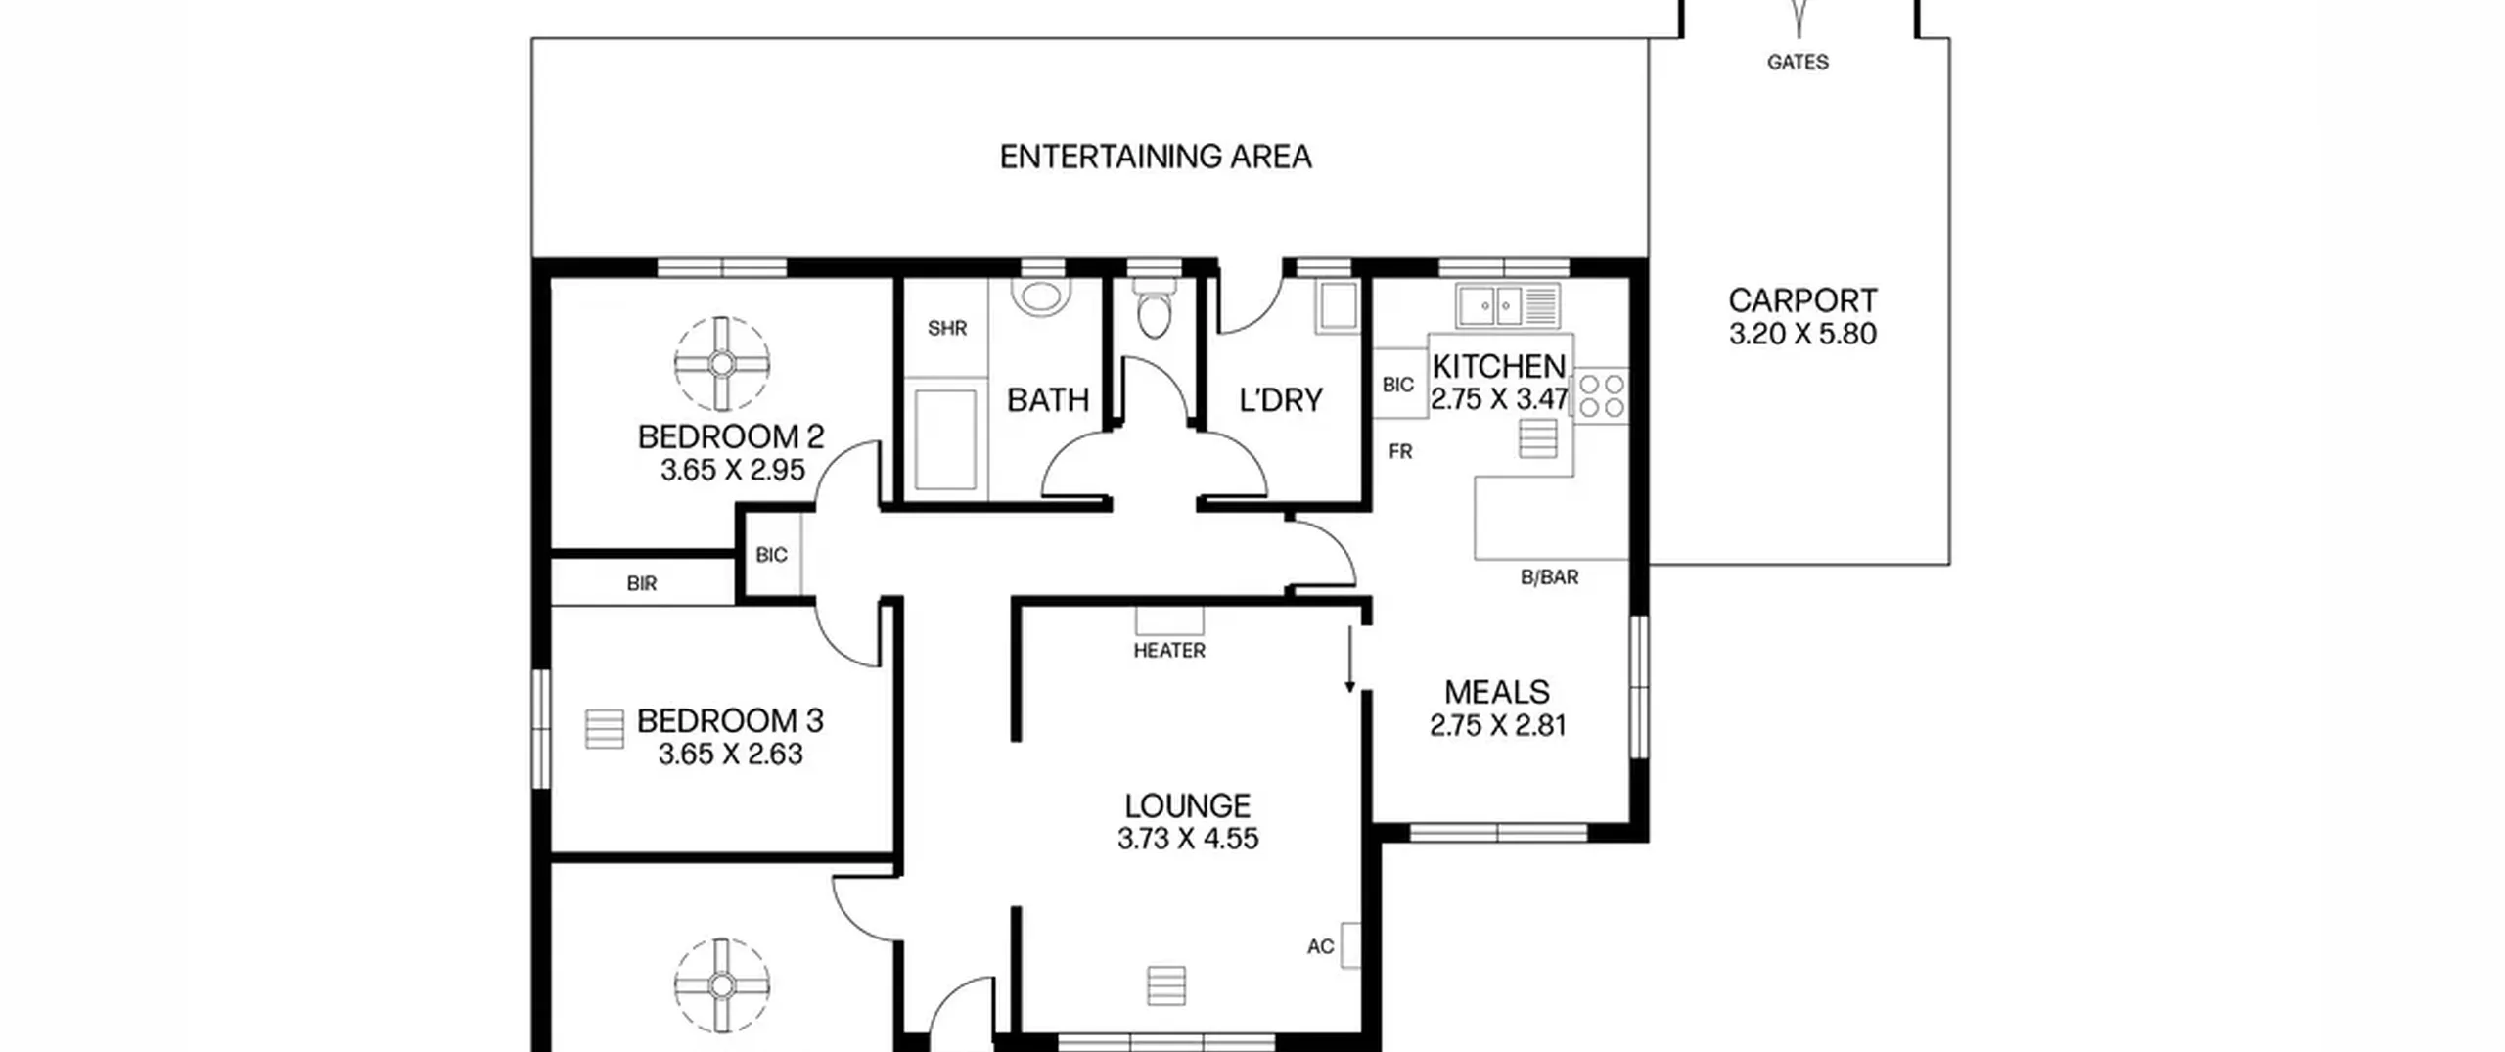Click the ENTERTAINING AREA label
[x=1155, y=157]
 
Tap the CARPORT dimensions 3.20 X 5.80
[x=1802, y=334]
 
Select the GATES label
[x=1798, y=62]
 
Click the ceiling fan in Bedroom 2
[x=722, y=364]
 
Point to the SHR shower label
[x=947, y=328]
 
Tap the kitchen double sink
[x=1508, y=305]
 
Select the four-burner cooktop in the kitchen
[x=1602, y=395]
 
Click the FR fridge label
[x=1400, y=452]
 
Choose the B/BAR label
[x=1550, y=577]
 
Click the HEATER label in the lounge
[x=1169, y=650]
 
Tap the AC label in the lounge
[x=1320, y=946]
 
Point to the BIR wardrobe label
[x=642, y=584]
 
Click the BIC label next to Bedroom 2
[x=771, y=555]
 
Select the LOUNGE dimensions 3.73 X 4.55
[x=1188, y=839]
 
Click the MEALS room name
[x=1497, y=692]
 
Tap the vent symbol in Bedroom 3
[x=604, y=729]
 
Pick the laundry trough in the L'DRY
[x=1337, y=306]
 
